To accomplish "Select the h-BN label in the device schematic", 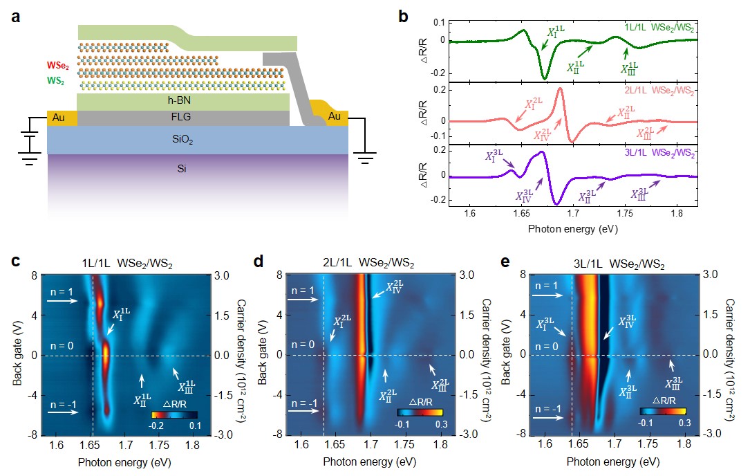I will click(182, 101).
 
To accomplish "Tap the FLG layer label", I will click(182, 118).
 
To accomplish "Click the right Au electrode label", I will click(335, 116).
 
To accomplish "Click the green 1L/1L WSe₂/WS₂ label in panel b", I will click(656, 26).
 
